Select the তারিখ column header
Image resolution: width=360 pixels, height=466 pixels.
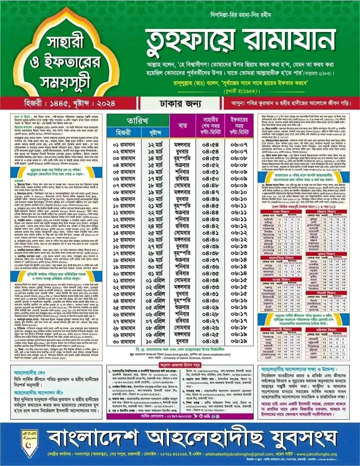click(138, 120)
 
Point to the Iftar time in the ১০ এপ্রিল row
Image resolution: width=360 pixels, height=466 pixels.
click(238, 341)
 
